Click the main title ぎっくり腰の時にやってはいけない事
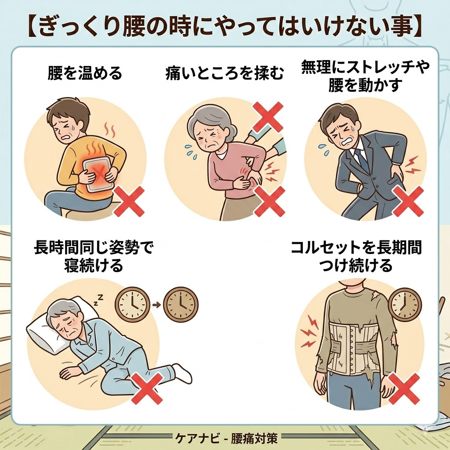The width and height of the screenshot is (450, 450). [225, 27]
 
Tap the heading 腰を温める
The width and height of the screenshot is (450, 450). [84, 73]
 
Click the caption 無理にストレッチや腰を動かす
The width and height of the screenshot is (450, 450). [365, 76]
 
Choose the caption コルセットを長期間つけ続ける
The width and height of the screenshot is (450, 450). [356, 257]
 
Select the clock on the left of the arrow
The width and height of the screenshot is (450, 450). [132, 304]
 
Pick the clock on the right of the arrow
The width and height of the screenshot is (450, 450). [181, 304]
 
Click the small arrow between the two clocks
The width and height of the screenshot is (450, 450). [156, 304]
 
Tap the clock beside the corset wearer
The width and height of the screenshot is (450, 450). [405, 305]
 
